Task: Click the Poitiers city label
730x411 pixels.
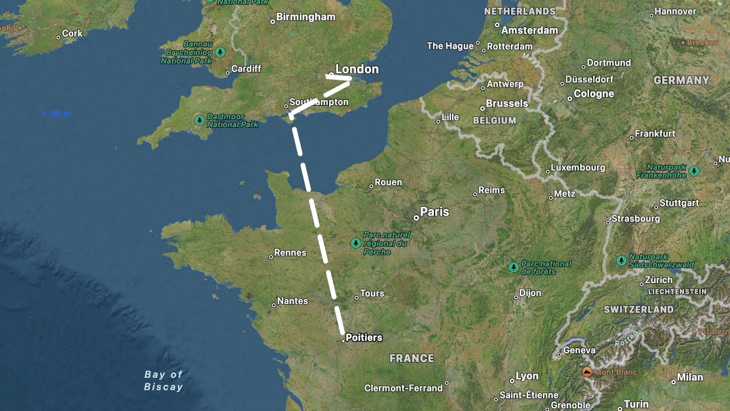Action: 364,337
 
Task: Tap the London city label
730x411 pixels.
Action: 357,69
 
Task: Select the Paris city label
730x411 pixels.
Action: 435,212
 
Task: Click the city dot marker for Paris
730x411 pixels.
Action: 416,217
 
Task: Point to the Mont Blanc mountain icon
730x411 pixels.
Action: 587,372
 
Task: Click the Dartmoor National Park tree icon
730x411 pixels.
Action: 200,120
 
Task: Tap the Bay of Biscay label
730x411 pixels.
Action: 164,381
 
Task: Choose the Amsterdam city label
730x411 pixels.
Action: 529,30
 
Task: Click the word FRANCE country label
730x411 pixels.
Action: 412,358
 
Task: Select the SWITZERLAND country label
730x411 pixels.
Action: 639,309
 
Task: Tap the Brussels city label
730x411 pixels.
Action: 507,103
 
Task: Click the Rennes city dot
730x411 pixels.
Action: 271,257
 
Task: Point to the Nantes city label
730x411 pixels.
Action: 293,301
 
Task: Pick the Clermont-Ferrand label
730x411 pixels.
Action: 403,388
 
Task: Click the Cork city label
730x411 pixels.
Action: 72,33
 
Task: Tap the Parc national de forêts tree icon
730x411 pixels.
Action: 513,267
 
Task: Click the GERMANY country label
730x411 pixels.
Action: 682,80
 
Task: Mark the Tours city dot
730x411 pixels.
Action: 356,297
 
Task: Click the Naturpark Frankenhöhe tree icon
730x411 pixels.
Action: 694,171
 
